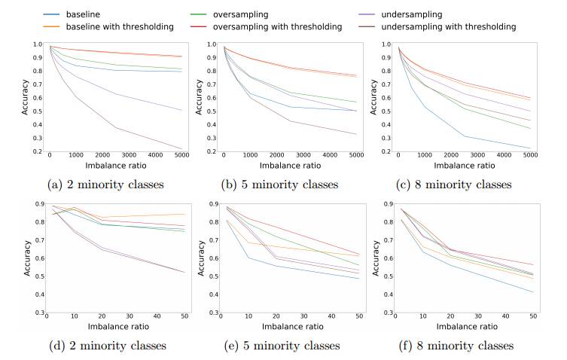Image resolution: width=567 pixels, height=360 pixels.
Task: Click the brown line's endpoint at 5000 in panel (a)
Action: (181, 148)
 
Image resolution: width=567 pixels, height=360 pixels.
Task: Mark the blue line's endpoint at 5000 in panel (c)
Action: (530, 148)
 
